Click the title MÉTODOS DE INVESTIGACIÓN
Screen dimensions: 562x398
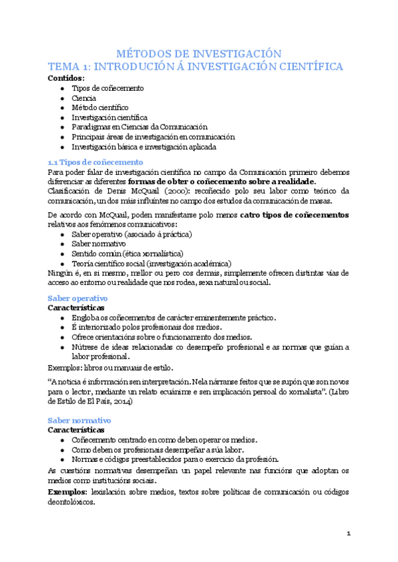pyautogui.click(x=199, y=54)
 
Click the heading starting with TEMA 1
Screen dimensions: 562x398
pyautogui.click(x=199, y=67)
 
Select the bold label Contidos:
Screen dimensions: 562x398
pyautogui.click(x=66, y=78)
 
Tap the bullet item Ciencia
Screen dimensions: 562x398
pyautogui.click(x=84, y=98)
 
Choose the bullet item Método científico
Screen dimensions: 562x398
pyautogui.click(x=100, y=107)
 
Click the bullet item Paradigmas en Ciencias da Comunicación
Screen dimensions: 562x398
pyautogui.click(x=139, y=127)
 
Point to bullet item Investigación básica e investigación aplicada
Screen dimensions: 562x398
pyautogui.click(x=144, y=146)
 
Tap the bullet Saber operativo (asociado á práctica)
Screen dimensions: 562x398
pyautogui.click(x=131, y=235)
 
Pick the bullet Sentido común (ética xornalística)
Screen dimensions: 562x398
pyautogui.click(x=127, y=253)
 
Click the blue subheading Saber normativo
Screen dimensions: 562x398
pyautogui.click(x=80, y=420)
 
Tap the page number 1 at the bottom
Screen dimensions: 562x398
pyautogui.click(x=348, y=534)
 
